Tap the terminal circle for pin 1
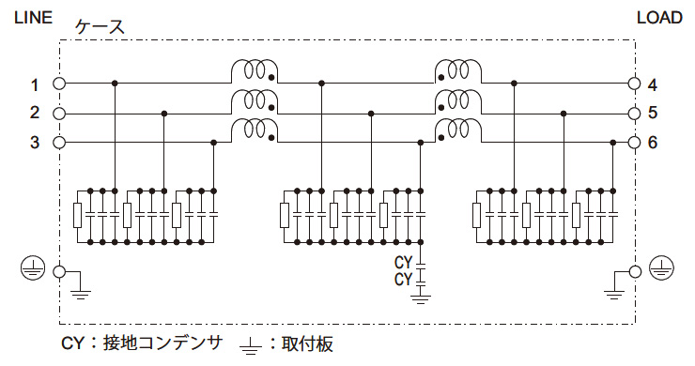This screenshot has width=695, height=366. coord(59,84)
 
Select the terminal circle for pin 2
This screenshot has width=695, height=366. coord(59,114)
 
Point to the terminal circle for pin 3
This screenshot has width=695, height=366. coord(59,143)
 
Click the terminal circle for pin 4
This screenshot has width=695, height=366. coord(634,84)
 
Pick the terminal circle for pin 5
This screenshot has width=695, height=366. coord(634,114)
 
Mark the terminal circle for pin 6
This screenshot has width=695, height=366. coord(634,143)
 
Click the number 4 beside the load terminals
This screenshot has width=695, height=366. coord(652,85)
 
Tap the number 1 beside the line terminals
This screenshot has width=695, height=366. coord(34,85)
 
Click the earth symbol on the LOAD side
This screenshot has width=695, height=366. coord(661,271)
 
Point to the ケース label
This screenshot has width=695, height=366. coord(100,27)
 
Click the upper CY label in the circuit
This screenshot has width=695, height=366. coord(404,262)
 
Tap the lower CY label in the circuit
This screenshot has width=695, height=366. coord(404,279)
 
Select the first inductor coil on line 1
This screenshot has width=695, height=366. coord(253,71)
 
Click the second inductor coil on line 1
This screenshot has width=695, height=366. coord(457,71)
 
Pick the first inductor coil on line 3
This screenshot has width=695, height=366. coord(253,130)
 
